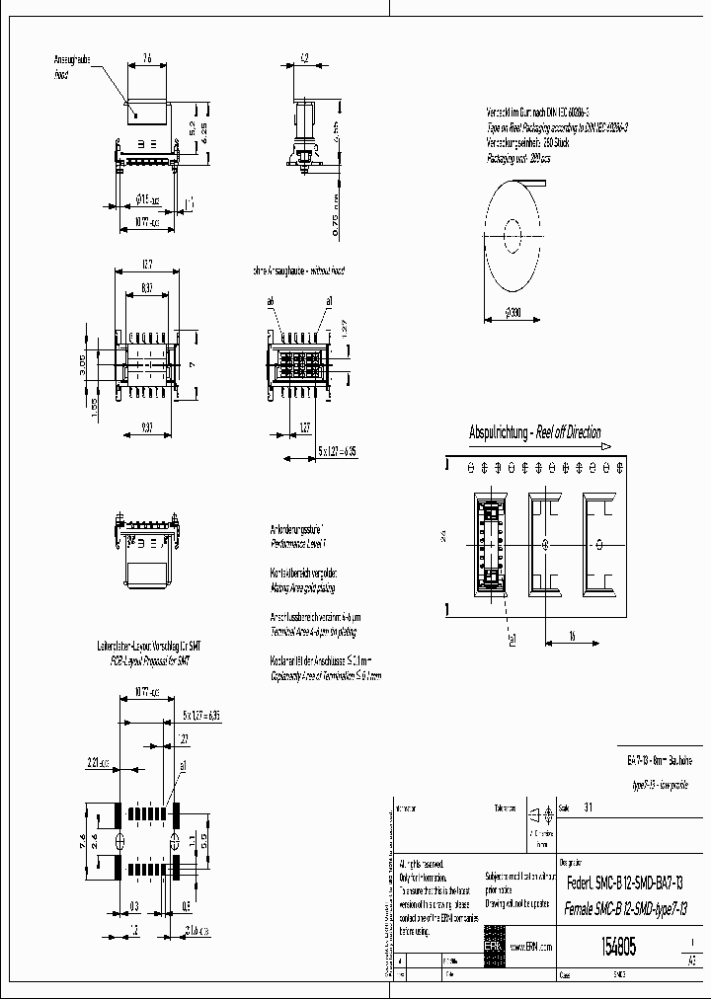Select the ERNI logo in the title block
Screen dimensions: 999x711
[x=492, y=947]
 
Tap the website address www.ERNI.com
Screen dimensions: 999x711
[x=529, y=947]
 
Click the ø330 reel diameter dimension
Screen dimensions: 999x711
[x=512, y=313]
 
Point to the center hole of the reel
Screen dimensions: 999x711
[x=513, y=235]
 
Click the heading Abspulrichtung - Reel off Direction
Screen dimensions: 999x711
[x=534, y=432]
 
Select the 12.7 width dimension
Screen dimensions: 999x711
[x=146, y=265]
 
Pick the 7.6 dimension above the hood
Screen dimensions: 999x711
[x=147, y=59]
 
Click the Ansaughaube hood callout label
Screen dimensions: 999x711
[x=72, y=66]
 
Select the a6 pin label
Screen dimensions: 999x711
[x=270, y=300]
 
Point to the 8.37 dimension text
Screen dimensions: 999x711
[x=146, y=287]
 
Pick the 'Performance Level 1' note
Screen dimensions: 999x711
[x=298, y=543]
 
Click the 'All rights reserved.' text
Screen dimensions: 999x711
[x=423, y=864]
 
